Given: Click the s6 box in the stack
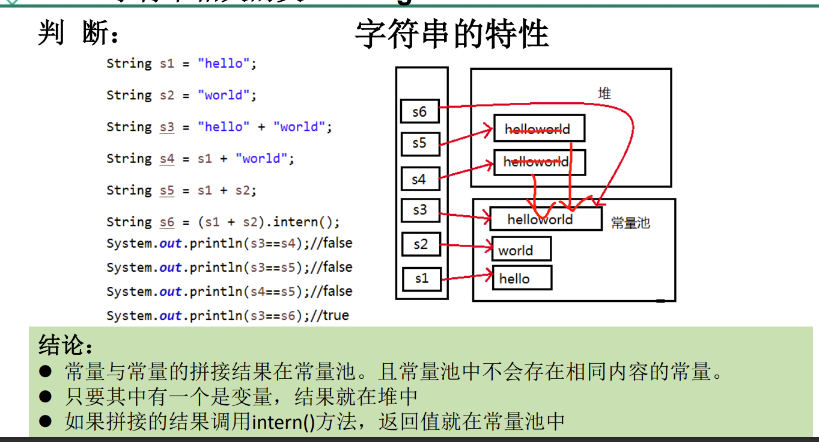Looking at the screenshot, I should [419, 111].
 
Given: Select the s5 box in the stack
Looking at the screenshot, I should [419, 144].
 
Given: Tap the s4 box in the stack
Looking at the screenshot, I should [419, 179].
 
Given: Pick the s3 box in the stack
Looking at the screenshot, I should [419, 210].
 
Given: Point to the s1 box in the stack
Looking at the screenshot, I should [421, 278].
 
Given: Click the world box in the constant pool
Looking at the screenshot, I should [521, 249].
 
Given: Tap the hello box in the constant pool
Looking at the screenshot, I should [521, 278].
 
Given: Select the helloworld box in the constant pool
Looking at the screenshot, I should [545, 219].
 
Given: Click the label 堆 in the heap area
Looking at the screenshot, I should [604, 93].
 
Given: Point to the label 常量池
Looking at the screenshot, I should [630, 223].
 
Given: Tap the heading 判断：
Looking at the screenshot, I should [78, 34].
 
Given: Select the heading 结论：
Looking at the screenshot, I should [66, 345].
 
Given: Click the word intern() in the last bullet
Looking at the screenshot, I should [283, 422].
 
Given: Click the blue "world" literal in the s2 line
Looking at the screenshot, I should [223, 95].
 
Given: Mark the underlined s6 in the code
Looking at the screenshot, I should [166, 222].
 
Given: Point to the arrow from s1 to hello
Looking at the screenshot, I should [466, 277].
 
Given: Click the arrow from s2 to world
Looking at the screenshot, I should [466, 245].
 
